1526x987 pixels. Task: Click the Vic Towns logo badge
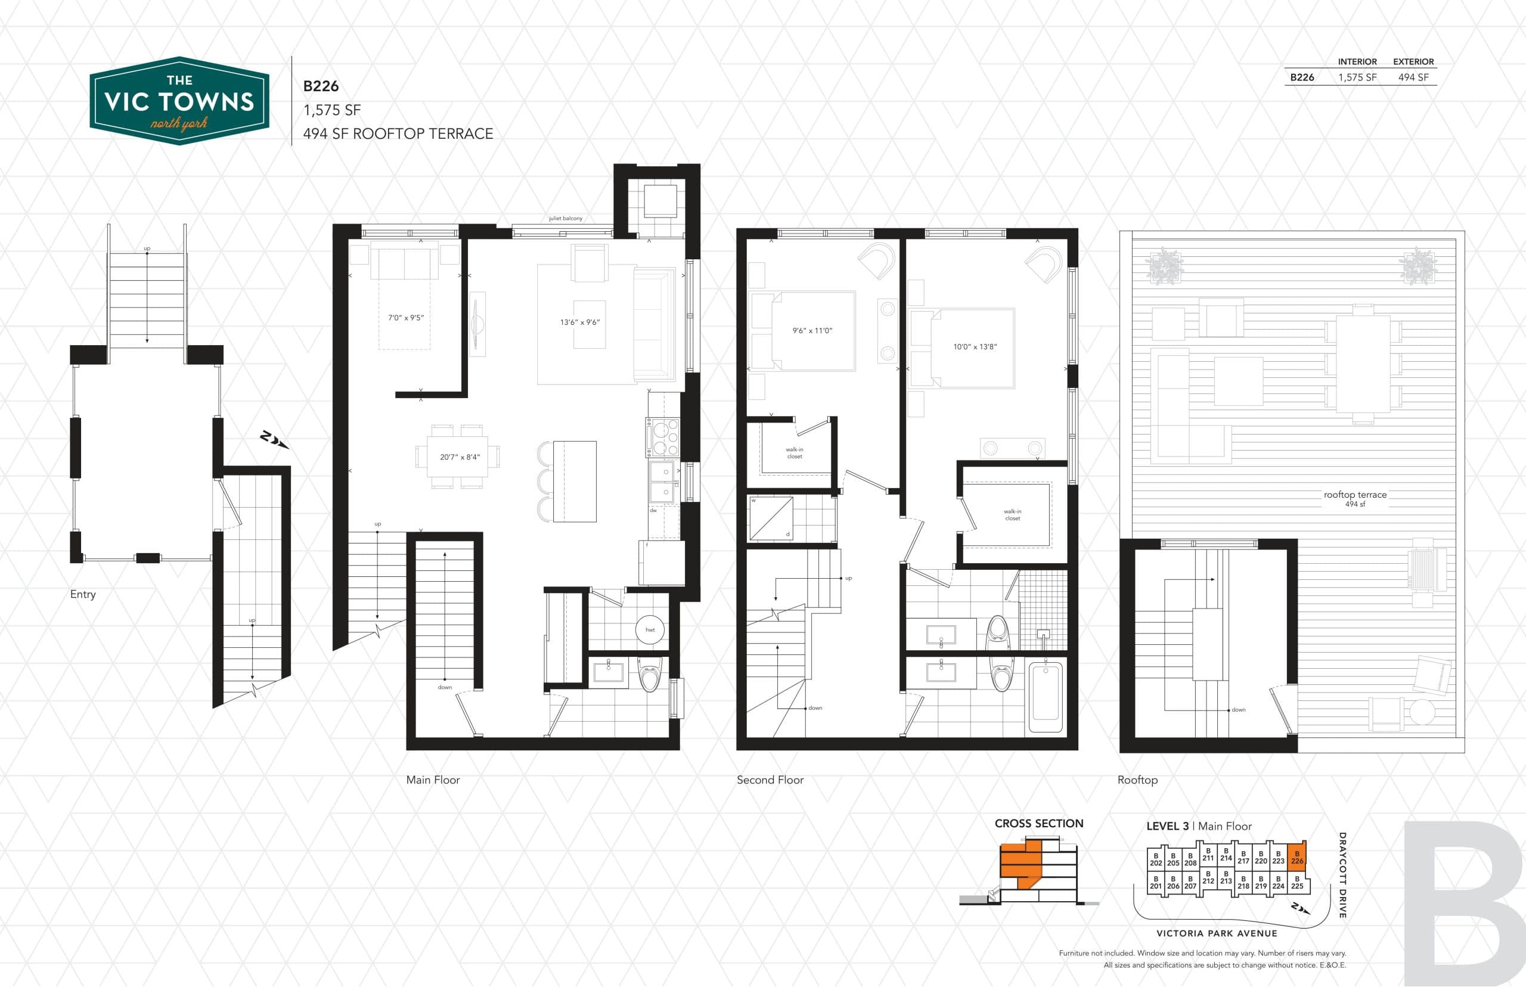[x=179, y=101]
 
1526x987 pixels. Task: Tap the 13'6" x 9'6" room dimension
[x=579, y=322]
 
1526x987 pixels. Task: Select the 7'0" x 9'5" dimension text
[x=406, y=317]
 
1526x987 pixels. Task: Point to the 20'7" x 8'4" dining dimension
[x=460, y=457]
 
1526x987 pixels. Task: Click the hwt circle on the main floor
[x=650, y=629]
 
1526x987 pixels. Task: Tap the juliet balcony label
[x=565, y=219]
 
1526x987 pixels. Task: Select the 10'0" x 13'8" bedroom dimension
[x=974, y=347]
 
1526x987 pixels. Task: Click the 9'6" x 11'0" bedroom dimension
[x=811, y=331]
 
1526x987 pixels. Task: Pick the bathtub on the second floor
[x=1046, y=698]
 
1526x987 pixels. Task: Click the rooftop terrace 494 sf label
[x=1355, y=498]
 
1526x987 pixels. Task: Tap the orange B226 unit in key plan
[x=1297, y=856]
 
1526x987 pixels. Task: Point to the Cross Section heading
[x=1038, y=824]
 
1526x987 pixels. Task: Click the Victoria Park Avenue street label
[x=1217, y=933]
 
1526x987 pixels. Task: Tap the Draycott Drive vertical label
[x=1342, y=875]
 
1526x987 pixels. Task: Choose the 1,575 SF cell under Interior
[x=1357, y=77]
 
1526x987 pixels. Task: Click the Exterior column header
[x=1413, y=61]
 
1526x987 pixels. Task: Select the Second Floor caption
[x=769, y=780]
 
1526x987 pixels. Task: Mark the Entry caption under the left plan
[x=83, y=594]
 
